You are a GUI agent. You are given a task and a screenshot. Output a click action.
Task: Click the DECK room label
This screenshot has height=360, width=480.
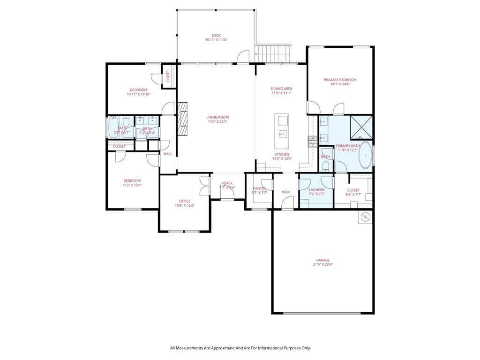(x=216, y=36)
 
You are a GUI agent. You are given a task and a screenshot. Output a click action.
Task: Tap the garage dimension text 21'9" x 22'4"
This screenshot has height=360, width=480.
(x=322, y=264)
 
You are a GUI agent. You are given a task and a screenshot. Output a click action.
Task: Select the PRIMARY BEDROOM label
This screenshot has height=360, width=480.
(x=340, y=80)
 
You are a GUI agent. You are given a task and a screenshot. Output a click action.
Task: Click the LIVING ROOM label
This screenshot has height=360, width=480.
(x=217, y=117)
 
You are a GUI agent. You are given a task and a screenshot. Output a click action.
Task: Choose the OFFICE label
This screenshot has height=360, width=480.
(x=184, y=201)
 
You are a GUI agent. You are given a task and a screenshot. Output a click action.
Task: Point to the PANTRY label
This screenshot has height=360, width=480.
(x=259, y=188)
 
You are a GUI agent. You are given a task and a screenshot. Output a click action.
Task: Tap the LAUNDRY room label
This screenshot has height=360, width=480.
(x=317, y=190)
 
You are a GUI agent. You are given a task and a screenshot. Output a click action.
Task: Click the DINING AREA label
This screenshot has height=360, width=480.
(x=281, y=89)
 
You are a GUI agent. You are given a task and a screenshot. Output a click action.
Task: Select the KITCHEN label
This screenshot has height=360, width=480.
(x=282, y=154)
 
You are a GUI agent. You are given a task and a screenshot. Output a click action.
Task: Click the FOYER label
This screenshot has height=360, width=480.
(x=227, y=183)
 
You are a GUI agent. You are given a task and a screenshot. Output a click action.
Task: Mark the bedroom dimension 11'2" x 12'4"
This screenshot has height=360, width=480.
(x=132, y=185)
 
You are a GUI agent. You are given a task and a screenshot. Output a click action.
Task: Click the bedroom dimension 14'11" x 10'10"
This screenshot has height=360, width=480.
(x=138, y=94)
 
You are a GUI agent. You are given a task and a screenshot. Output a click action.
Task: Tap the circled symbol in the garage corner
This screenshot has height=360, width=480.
(x=366, y=217)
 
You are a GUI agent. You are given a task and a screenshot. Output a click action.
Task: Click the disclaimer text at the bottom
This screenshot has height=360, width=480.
(x=240, y=348)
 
